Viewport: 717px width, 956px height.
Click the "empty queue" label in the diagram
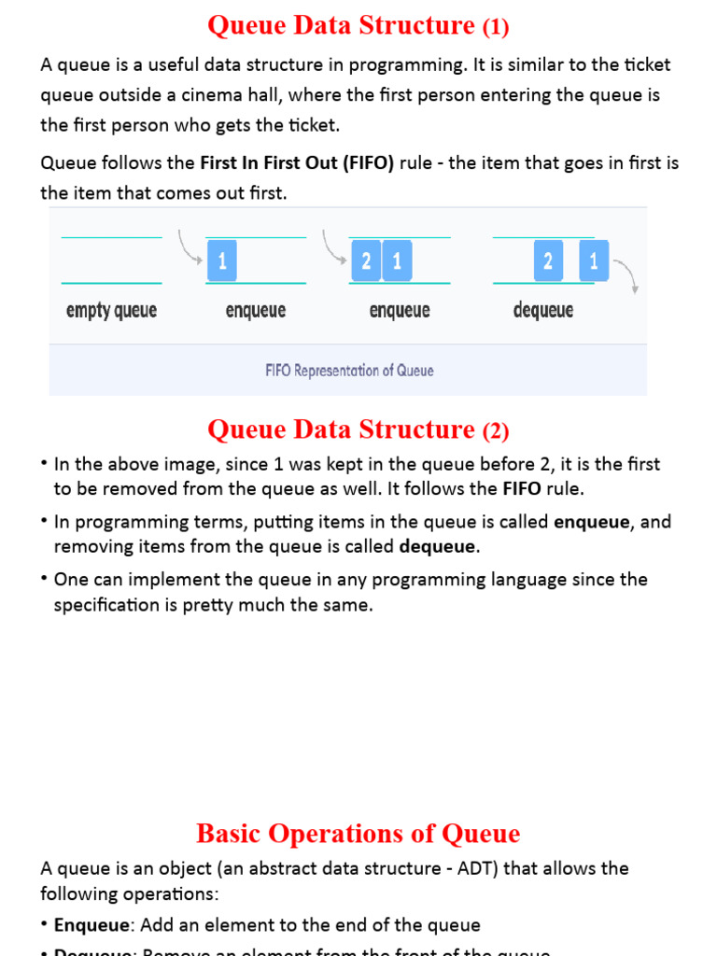click(111, 310)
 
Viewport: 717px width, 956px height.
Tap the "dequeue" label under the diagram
click(543, 310)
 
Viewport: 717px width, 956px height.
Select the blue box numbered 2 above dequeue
click(548, 261)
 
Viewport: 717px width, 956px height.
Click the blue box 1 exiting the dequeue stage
click(594, 261)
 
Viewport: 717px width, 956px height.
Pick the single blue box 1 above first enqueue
click(221, 261)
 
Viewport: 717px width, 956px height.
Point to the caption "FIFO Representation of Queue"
click(349, 371)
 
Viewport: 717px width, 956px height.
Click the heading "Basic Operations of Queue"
click(358, 833)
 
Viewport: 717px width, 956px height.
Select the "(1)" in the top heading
click(496, 28)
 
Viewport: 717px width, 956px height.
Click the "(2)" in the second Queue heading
click(496, 430)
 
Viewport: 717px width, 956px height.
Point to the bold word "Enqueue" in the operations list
click(92, 925)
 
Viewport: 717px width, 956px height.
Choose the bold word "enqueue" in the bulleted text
click(592, 522)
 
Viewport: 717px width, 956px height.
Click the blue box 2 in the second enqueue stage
click(366, 261)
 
